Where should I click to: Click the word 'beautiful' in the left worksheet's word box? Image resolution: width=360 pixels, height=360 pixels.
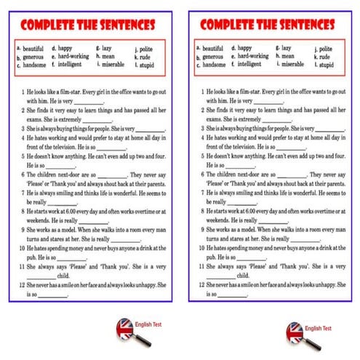31,49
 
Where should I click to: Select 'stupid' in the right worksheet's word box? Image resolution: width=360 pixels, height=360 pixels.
327,65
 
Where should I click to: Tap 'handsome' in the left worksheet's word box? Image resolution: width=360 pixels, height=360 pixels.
32,65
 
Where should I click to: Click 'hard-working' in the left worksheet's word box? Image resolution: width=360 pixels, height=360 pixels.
73,57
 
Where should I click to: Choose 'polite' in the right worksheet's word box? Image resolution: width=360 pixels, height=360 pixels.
327,49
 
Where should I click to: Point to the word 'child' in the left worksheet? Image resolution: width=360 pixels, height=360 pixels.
63,276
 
